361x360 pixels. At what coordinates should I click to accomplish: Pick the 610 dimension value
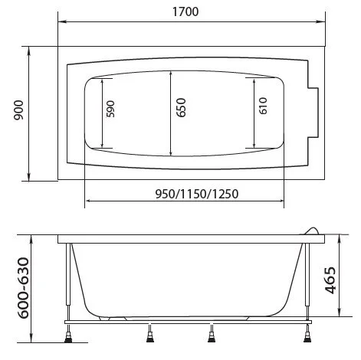[x=263, y=106]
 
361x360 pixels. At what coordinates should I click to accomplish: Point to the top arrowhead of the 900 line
[x=29, y=49]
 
